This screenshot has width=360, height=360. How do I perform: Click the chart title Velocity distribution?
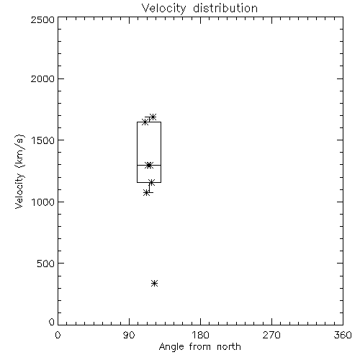coord(199,8)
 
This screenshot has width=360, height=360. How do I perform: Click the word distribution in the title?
coord(225,8)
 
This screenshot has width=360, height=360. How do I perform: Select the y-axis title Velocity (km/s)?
coord(19,171)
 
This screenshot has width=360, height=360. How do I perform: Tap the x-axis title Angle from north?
coord(199,346)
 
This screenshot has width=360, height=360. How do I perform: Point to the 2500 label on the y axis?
coord(42,19)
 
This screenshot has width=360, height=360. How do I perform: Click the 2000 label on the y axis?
coord(42,78)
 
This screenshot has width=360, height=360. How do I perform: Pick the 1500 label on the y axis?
coord(42,140)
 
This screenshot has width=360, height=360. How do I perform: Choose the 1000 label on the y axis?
coord(42,202)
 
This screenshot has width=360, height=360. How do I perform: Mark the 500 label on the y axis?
coord(45,264)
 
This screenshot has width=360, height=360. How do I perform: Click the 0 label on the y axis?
coord(52,322)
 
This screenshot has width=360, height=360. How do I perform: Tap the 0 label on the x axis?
coord(58,335)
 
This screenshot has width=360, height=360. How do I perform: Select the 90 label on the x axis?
coord(129,335)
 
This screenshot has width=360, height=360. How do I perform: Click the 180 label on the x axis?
coord(200,335)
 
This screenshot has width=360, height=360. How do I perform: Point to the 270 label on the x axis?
coord(271,335)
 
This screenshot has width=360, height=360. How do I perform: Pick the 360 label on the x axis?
coord(343,335)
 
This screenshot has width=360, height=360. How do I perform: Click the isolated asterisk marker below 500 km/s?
coord(155,284)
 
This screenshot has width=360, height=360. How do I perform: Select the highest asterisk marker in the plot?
coord(153,117)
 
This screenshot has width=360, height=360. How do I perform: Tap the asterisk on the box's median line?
coord(149,165)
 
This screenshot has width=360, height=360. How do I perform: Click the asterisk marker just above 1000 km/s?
coord(147,193)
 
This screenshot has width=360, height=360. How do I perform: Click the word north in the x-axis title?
coord(229,346)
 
